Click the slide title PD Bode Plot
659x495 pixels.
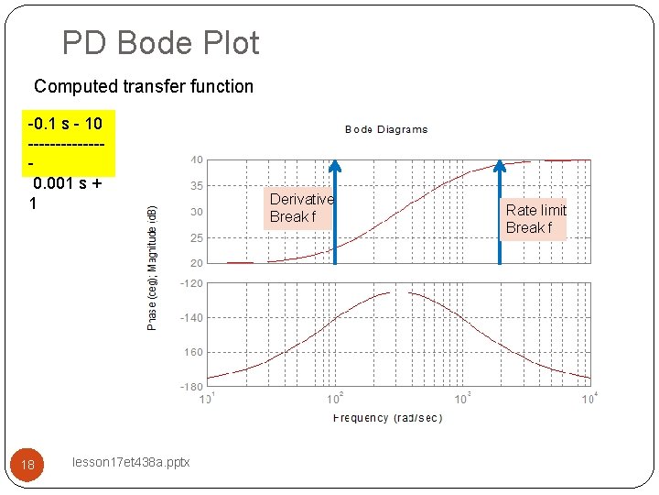coord(160,43)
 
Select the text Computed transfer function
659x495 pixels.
coord(144,87)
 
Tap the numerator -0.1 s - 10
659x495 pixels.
coord(65,123)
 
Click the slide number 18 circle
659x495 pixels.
coord(27,465)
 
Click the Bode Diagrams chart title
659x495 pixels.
coord(386,129)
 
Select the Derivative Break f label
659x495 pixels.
coord(301,207)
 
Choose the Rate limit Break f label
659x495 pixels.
coord(535,218)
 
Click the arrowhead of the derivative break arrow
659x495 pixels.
coord(335,166)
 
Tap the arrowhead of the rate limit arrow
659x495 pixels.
coord(500,166)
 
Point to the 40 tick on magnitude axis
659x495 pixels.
coord(197,159)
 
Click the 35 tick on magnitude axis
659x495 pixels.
coord(197,185)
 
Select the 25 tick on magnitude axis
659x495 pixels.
coord(197,238)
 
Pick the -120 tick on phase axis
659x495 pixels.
coord(192,283)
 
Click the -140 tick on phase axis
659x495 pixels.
coord(192,318)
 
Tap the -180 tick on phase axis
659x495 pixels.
coord(192,387)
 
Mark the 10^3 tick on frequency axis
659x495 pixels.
coord(463,398)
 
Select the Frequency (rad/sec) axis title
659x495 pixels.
coord(387,418)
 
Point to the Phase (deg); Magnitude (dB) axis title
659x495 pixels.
coord(153,268)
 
